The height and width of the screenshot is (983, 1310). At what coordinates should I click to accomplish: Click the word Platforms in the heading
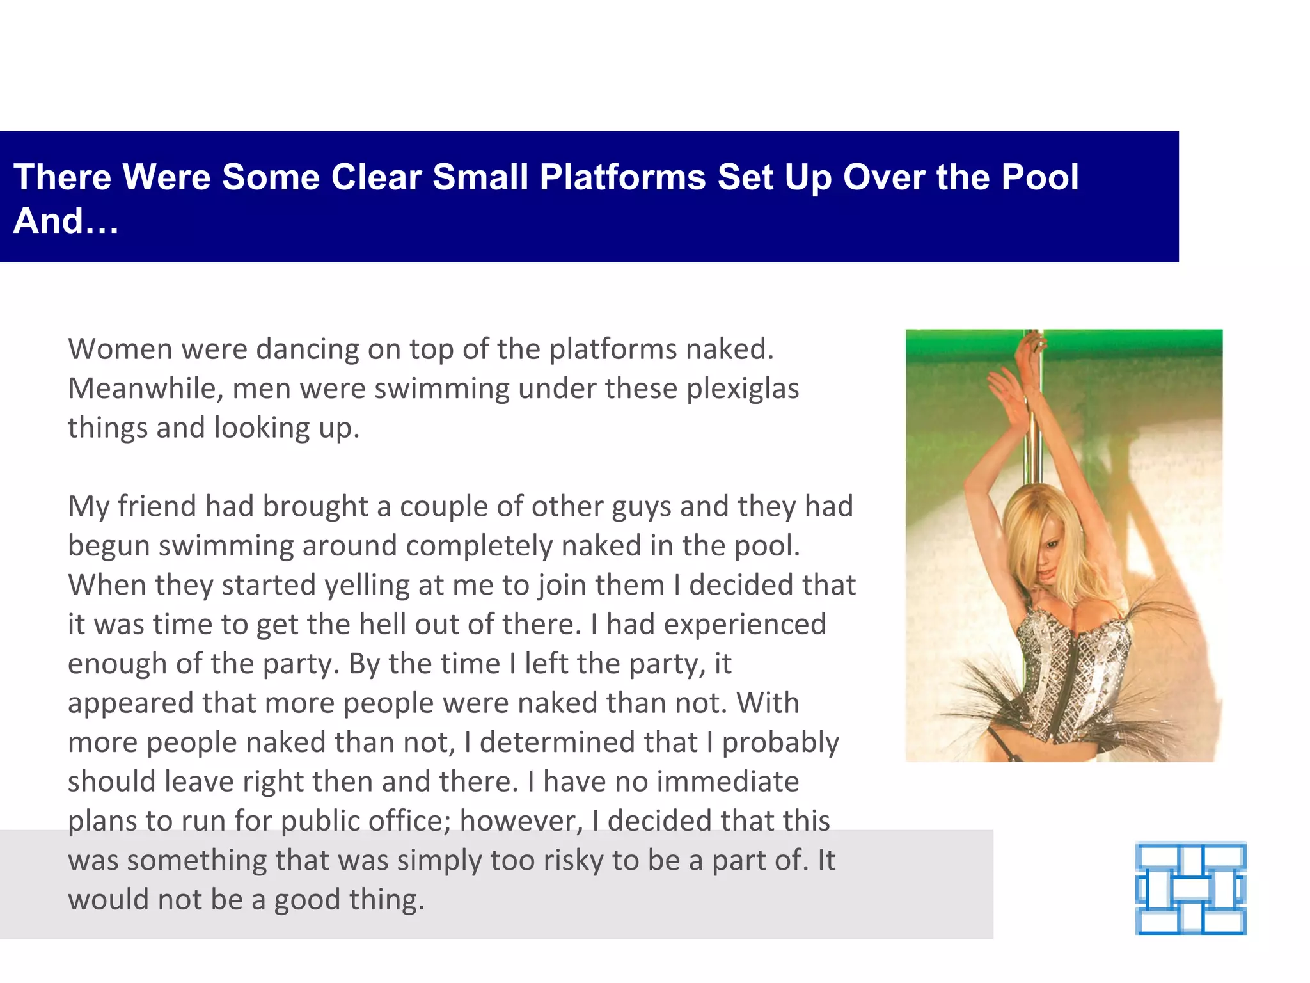622,177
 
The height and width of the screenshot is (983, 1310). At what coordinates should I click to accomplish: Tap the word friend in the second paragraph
157,506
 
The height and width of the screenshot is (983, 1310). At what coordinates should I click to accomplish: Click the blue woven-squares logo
1190,888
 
